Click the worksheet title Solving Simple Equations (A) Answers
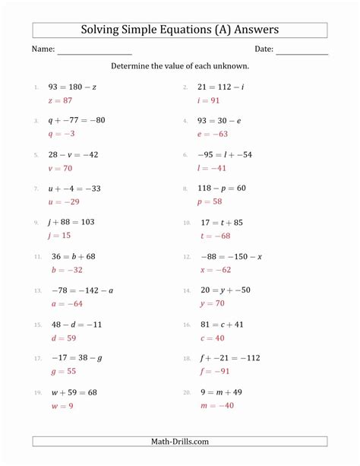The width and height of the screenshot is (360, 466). (x=179, y=30)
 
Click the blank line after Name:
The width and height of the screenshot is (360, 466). (x=94, y=52)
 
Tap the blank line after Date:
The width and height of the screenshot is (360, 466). (x=302, y=52)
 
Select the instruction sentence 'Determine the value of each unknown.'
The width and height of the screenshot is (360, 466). (x=180, y=66)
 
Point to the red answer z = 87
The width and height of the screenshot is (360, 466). (x=59, y=100)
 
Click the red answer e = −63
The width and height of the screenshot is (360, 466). (x=213, y=133)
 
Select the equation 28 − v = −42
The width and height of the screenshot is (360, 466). (x=73, y=154)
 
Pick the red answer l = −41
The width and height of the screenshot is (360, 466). (x=213, y=167)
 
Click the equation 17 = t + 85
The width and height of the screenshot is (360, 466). (x=221, y=223)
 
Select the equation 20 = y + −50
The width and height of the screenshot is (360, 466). (x=225, y=290)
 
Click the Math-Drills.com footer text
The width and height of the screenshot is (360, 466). (x=180, y=441)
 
